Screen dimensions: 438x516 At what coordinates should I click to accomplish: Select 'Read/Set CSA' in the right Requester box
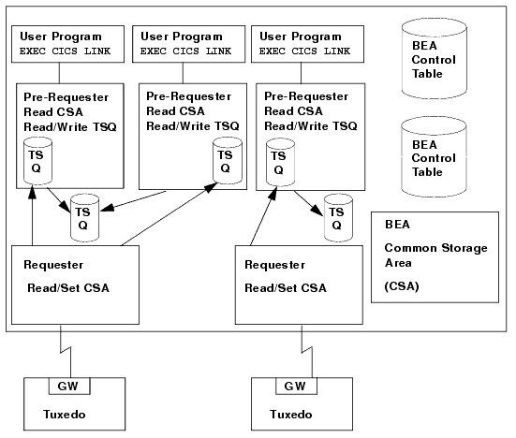pyautogui.click(x=282, y=285)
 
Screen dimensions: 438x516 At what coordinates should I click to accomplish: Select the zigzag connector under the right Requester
pyautogui.click(x=299, y=355)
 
